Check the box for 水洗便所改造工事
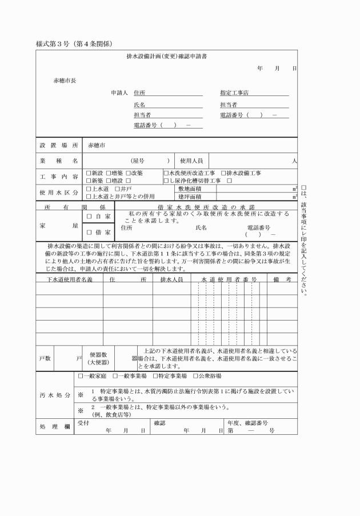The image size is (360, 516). coord(166,173)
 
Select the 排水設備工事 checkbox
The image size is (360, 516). coord(224,173)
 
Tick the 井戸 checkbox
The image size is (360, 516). coord(118,189)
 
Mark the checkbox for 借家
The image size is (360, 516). coord(89,232)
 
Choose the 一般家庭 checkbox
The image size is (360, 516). coord(81,376)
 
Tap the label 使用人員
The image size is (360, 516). coord(191,161)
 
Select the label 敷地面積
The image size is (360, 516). coord(189,189)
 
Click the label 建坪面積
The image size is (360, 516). coord(189,197)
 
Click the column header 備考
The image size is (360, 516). coord(283,279)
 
